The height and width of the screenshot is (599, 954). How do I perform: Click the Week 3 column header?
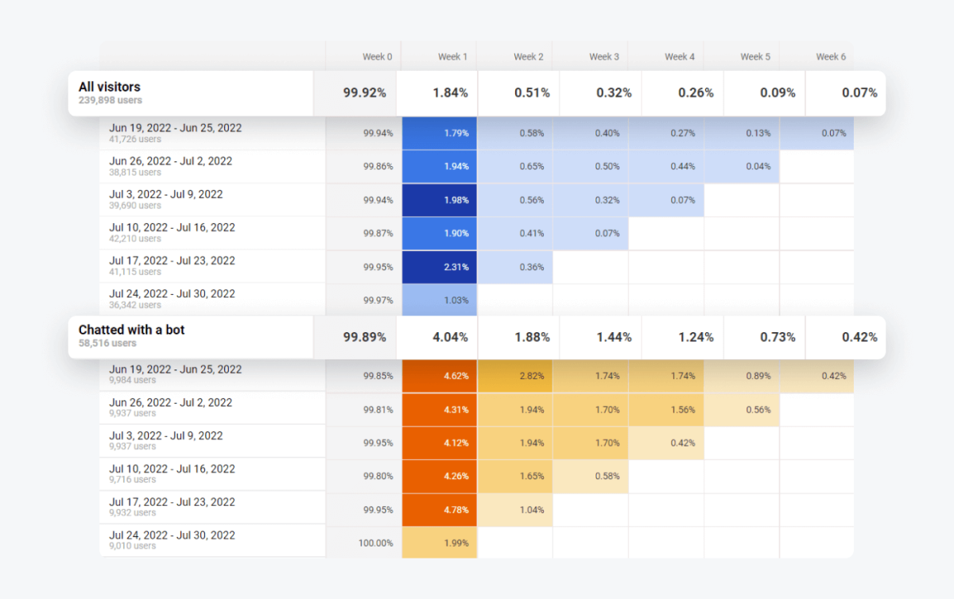tap(604, 56)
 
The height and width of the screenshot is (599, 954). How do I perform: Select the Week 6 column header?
tap(831, 56)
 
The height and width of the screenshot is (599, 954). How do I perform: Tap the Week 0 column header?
tap(377, 56)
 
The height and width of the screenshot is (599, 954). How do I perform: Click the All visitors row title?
tap(110, 87)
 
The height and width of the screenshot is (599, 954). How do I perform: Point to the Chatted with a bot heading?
tap(131, 330)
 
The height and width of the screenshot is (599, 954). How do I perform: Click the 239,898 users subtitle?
tap(111, 101)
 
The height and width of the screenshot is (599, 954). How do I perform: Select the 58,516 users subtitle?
tap(107, 343)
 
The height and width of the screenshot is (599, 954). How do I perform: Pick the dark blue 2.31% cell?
tap(440, 267)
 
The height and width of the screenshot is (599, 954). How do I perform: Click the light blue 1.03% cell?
tap(440, 300)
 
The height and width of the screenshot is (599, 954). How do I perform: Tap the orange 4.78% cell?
tap(440, 509)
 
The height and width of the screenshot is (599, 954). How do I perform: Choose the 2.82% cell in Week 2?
tap(515, 376)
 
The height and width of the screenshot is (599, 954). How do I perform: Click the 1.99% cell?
tap(440, 543)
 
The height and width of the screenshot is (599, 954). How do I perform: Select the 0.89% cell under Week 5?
tap(742, 376)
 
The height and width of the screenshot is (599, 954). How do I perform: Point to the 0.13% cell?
tap(742, 133)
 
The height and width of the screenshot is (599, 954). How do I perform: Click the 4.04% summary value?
tap(450, 337)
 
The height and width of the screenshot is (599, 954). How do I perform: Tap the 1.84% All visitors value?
tap(450, 93)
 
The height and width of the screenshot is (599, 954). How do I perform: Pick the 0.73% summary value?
tap(777, 337)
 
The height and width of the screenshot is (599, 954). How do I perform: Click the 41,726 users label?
tap(135, 139)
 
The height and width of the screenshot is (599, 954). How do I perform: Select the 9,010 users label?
tap(133, 546)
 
